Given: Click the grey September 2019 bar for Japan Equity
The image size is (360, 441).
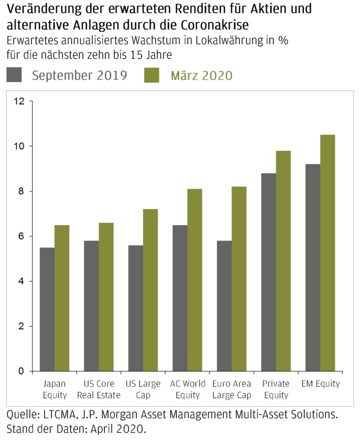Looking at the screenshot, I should tap(47, 309).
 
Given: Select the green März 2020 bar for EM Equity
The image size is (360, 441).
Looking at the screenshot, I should tap(328, 253).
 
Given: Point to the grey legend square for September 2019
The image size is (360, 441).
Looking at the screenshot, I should tap(14, 75).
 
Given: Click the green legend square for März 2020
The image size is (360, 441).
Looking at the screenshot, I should tap(152, 75).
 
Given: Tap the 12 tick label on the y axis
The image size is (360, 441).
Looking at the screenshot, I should tap(19, 101).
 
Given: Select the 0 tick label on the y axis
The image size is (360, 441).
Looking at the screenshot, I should tap(21, 372).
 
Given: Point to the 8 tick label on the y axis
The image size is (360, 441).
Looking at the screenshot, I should tap(21, 191).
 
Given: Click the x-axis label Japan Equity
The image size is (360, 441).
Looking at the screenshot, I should tap(54, 389).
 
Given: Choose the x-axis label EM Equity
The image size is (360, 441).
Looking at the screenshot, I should tap(320, 384).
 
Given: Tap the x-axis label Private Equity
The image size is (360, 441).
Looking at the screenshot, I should tap(276, 389).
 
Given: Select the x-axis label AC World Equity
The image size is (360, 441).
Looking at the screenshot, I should tap(188, 389).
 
